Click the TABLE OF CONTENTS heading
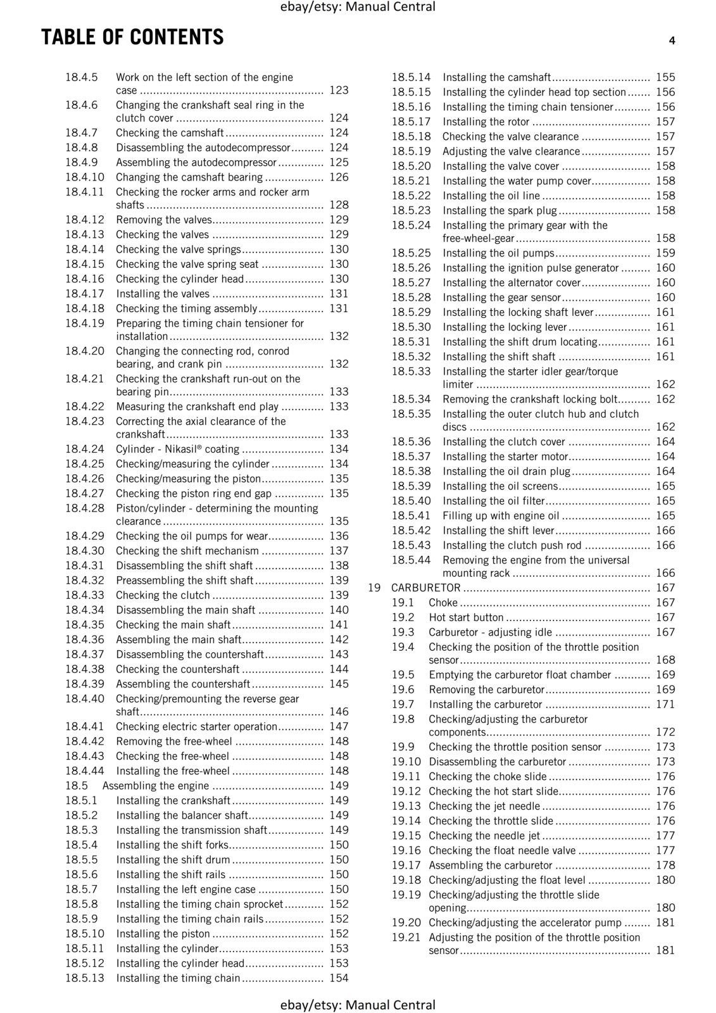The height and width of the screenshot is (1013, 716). click(132, 37)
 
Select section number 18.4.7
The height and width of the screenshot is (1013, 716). click(81, 133)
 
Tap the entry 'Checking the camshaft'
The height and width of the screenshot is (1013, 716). click(170, 133)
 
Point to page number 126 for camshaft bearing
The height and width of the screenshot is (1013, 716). click(339, 177)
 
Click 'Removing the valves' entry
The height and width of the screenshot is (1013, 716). click(163, 220)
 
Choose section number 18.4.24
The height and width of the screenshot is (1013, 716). click(84, 449)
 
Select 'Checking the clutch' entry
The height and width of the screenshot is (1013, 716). click(163, 595)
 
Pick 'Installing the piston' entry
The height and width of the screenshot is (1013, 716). click(163, 934)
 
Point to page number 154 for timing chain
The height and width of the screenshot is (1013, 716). click(339, 978)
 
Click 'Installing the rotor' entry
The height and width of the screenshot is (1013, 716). click(486, 122)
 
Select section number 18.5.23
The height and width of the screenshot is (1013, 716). click(411, 210)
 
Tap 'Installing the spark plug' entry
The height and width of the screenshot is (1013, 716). click(499, 210)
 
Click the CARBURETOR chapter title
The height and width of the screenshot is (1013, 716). click(425, 588)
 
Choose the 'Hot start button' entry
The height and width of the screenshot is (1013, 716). click(466, 617)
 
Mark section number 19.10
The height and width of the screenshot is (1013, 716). click(406, 762)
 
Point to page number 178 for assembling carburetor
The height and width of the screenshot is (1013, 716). click(665, 865)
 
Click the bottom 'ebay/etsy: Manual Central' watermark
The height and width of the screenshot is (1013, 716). click(358, 1005)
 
